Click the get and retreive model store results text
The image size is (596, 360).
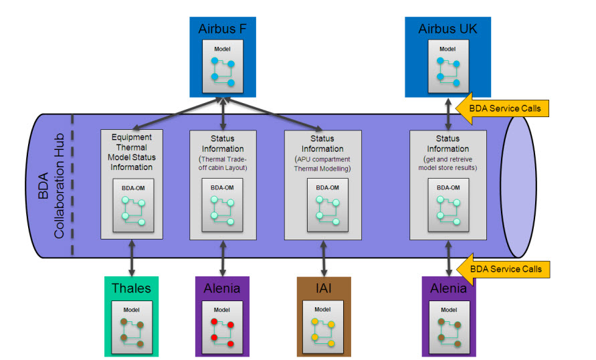(448, 164)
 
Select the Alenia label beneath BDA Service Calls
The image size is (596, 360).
(448, 289)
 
